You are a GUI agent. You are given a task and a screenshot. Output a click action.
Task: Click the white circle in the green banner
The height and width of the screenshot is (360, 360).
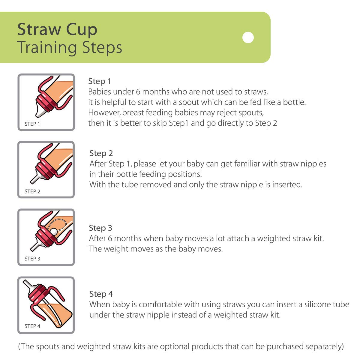tap(248, 37)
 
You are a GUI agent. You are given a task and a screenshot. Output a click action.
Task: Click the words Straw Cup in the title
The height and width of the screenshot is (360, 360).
tap(57, 29)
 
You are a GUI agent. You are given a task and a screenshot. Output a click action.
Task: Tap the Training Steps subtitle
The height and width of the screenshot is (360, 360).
tap(70, 48)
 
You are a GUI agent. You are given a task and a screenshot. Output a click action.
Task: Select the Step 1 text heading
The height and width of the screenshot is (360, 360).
tap(100, 81)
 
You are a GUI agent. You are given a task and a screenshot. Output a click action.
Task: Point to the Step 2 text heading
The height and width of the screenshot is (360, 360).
tap(101, 153)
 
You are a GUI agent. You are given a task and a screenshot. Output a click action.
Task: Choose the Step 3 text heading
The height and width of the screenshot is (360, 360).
tap(100, 228)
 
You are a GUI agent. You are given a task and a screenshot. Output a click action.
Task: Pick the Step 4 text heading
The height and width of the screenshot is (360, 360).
tap(101, 294)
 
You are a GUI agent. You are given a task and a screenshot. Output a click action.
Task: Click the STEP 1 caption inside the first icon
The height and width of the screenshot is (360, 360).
tap(32, 124)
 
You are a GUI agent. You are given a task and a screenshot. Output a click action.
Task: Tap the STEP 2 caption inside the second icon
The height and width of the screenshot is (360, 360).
tap(32, 191)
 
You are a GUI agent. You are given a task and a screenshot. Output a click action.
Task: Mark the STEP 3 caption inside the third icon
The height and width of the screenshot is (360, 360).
tap(32, 259)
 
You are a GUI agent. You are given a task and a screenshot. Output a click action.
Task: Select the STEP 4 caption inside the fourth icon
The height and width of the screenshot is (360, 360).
tap(32, 326)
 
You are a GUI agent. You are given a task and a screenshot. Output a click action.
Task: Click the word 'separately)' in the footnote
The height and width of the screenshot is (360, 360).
tap(325, 347)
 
